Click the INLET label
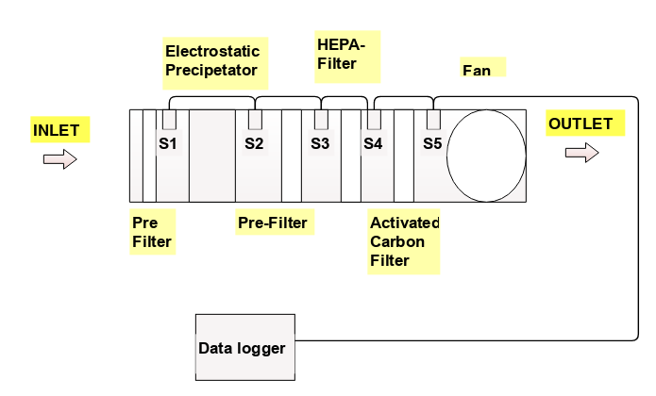pyautogui.click(x=57, y=129)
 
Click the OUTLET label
pyautogui.click(x=580, y=124)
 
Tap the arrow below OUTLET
pyautogui.click(x=581, y=153)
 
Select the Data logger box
pyautogui.click(x=244, y=348)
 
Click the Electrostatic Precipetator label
pyautogui.click(x=212, y=58)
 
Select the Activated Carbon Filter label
pyautogui.click(x=404, y=242)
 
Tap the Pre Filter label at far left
pyautogui.click(x=151, y=232)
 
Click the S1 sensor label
pyautogui.click(x=170, y=143)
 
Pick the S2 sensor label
pyautogui.click(x=254, y=143)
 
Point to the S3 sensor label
pyautogui.click(x=321, y=143)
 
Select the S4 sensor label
pyautogui.click(x=373, y=143)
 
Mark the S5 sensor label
pyautogui.click(x=432, y=143)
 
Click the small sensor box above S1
pyautogui.click(x=170, y=120)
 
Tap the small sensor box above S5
pyautogui.click(x=433, y=120)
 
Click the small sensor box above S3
pyautogui.click(x=321, y=120)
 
